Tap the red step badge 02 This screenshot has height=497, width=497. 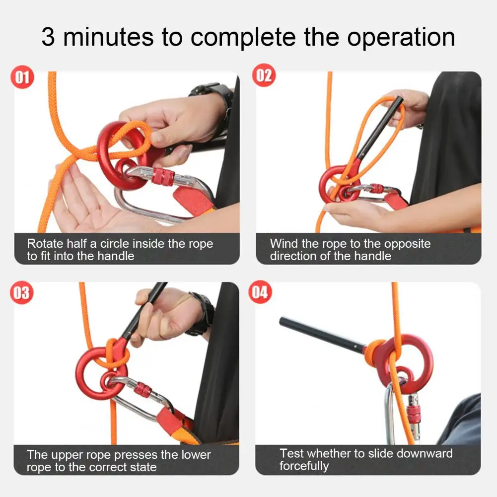(x=264, y=77)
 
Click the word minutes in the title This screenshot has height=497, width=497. (x=108, y=37)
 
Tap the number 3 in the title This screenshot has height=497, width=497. (x=48, y=37)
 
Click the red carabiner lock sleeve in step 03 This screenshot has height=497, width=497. (x=142, y=390)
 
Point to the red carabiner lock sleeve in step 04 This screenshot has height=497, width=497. (x=412, y=413)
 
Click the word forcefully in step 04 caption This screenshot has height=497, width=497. (x=304, y=467)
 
